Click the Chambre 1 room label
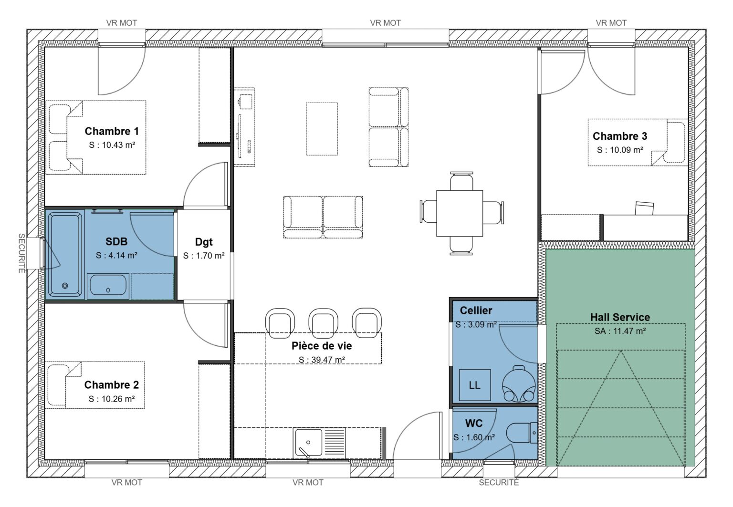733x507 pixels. coord(112,131)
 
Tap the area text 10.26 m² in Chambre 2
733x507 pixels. coord(112,399)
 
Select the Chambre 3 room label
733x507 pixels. coord(620,136)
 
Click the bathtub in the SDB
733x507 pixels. coord(65,255)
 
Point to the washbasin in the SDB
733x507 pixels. coord(108,286)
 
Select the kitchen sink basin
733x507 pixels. coord(308,443)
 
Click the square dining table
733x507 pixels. coord(460,213)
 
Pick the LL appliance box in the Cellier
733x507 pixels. coord(474,385)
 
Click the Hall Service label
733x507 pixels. coord(620,317)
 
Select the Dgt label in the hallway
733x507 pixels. coord(204,242)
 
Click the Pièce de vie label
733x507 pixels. coord(322,346)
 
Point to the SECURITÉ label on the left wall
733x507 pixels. coord(21,253)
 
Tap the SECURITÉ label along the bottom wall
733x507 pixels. coord(499,483)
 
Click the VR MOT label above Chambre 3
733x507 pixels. coord(611,23)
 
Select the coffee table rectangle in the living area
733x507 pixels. coord(322,129)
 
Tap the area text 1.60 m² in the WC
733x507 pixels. coord(474,437)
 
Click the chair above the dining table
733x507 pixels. coord(461,181)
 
